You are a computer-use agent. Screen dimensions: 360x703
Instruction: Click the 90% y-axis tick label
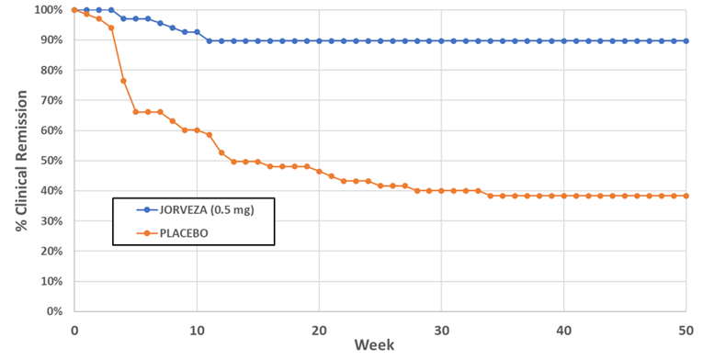point(49,40)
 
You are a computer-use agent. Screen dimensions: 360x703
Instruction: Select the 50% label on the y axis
point(49,161)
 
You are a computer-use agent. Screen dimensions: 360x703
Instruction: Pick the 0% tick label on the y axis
point(52,311)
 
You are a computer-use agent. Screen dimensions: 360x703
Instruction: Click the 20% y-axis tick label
point(49,252)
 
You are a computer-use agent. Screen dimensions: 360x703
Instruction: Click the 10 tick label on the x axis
point(197,329)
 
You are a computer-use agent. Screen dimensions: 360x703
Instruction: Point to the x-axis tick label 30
point(442,329)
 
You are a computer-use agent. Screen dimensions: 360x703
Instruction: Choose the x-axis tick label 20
point(319,329)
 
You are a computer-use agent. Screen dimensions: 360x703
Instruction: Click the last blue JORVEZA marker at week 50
point(686,41)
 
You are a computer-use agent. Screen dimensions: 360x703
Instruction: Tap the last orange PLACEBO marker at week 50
point(686,196)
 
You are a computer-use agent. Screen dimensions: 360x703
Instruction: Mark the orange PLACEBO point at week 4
point(123,81)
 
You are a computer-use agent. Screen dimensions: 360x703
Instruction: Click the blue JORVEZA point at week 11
point(210,41)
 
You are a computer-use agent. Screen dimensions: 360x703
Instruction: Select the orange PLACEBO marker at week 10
point(197,130)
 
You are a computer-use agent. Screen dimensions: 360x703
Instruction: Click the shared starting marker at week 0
point(74,10)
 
